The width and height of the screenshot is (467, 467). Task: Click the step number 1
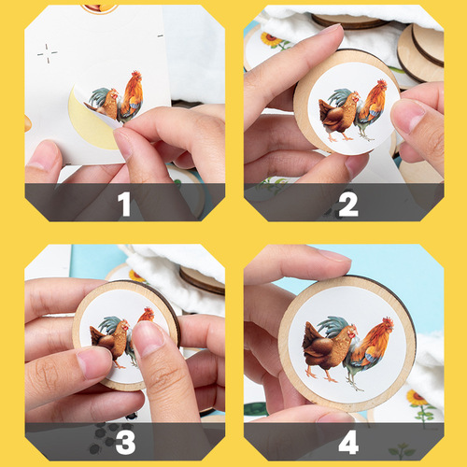coord(124,204)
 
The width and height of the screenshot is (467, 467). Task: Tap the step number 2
coord(348,204)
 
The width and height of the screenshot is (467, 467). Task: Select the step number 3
coord(125,442)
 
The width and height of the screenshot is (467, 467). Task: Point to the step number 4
coord(348,442)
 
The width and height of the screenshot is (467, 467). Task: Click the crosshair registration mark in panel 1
coord(48,53)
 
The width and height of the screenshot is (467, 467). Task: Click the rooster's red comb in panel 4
coord(389,321)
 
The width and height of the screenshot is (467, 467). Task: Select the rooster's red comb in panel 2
coord(382,83)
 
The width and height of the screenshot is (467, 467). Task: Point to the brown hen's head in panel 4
coord(351,332)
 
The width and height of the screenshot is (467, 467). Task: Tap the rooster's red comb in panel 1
coord(136,75)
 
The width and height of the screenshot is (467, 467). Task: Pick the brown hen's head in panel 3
coord(124,326)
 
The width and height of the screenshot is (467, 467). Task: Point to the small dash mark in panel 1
coord(160,36)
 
